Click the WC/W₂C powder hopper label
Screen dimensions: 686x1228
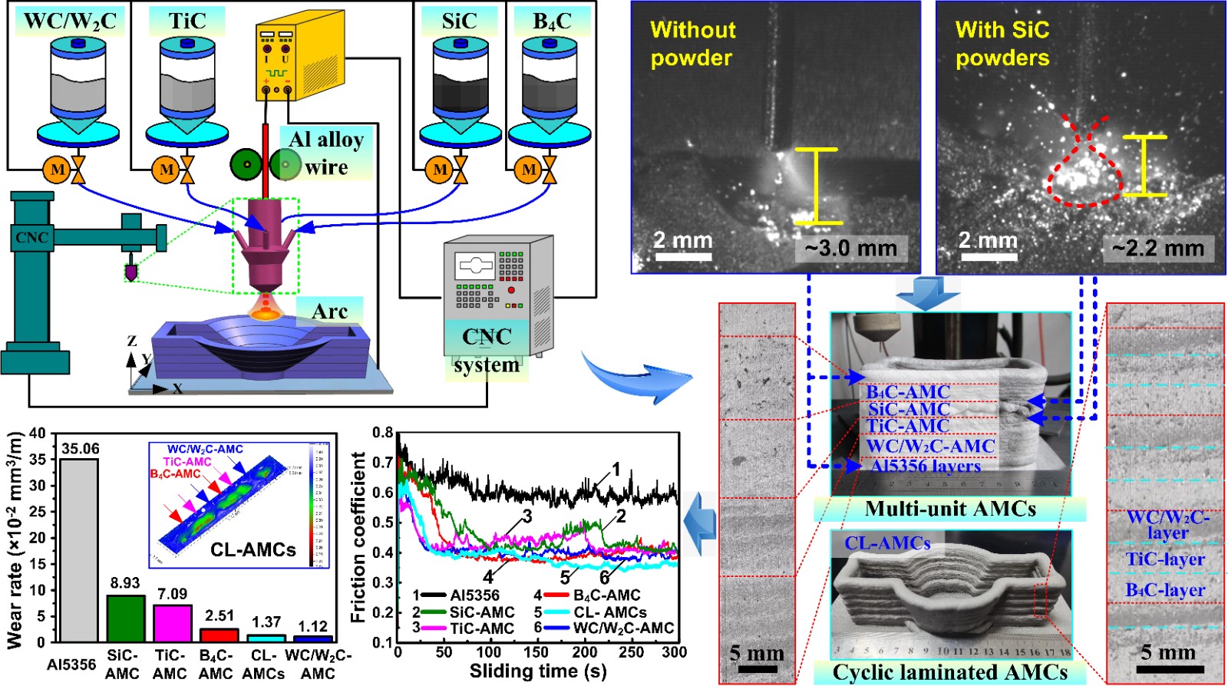click(70, 21)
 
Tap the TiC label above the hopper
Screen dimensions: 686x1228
click(187, 21)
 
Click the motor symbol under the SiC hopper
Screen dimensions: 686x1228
click(439, 169)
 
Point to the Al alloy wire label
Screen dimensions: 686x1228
click(326, 153)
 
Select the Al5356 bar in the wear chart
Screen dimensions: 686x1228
click(79, 549)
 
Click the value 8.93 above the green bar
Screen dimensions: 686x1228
click(125, 583)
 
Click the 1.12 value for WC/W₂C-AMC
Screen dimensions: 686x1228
click(312, 626)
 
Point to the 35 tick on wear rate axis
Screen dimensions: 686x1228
click(38, 459)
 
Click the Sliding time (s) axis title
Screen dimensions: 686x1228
click(537, 672)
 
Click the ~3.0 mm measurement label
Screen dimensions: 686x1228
click(850, 249)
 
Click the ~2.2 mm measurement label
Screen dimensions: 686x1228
click(1158, 249)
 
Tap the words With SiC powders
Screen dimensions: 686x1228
click(1002, 44)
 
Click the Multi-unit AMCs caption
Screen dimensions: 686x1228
click(950, 509)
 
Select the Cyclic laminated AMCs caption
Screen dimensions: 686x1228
click(950, 673)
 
